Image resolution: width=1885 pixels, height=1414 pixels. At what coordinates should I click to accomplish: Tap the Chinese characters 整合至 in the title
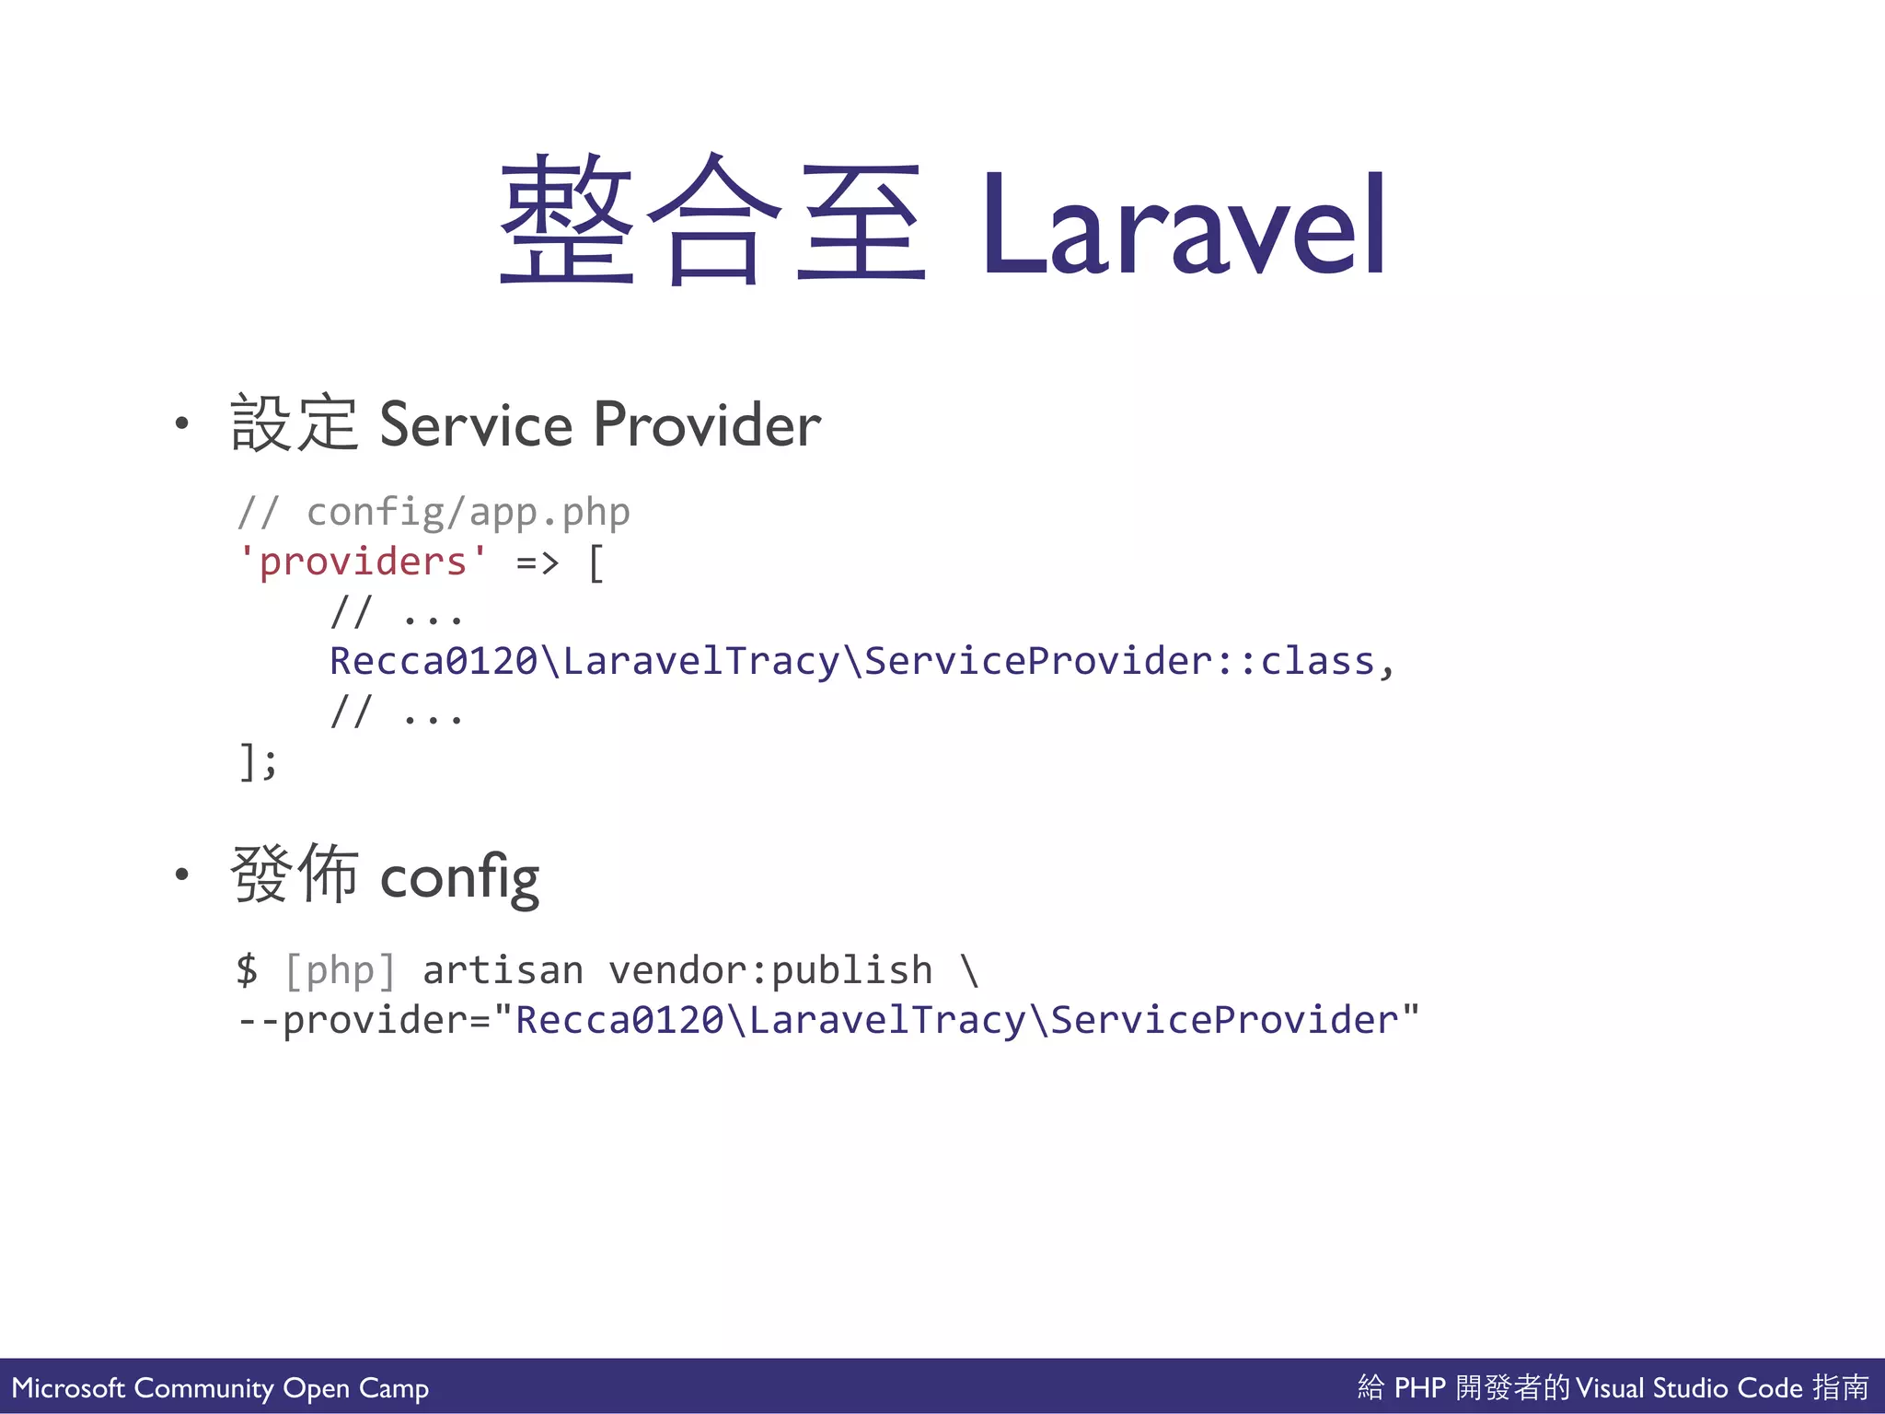click(x=711, y=221)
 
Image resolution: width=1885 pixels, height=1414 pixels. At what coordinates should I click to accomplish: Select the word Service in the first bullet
click(x=476, y=425)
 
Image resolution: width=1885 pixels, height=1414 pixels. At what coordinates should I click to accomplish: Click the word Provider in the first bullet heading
click(x=707, y=425)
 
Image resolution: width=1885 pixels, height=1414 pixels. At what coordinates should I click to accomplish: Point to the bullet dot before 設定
click(x=182, y=423)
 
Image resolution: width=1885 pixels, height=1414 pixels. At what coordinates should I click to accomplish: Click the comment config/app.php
click(x=468, y=513)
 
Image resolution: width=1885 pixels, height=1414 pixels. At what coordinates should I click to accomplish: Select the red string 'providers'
click(x=363, y=562)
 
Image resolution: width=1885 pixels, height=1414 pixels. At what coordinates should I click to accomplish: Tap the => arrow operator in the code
click(x=537, y=562)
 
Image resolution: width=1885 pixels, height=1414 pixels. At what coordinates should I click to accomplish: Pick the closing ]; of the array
click(x=257, y=761)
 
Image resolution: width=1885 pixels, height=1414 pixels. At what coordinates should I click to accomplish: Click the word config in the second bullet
click(x=459, y=877)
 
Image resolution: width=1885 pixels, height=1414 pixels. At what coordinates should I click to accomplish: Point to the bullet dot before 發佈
click(x=182, y=875)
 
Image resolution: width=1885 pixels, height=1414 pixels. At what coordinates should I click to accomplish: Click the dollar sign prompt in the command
click(x=247, y=970)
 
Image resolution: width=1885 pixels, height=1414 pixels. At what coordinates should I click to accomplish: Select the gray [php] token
click(x=340, y=970)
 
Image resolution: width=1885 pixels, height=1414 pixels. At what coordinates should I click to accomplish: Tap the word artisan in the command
click(x=503, y=970)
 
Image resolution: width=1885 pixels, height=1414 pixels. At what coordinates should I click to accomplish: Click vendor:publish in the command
click(x=770, y=970)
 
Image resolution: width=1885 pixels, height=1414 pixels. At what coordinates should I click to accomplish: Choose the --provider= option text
click(x=364, y=1020)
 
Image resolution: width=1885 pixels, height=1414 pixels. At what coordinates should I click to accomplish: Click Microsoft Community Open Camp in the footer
click(x=220, y=1387)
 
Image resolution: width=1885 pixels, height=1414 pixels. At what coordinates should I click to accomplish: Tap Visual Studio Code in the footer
click(x=1689, y=1387)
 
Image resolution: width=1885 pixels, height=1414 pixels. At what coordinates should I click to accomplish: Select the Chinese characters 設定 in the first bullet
click(x=294, y=423)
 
